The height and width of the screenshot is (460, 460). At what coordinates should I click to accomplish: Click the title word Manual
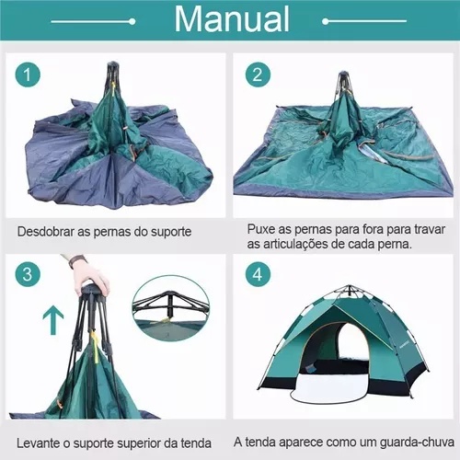point(232,19)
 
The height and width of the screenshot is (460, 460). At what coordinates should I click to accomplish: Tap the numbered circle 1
point(28,75)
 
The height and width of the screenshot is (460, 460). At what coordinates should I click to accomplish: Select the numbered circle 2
point(258,75)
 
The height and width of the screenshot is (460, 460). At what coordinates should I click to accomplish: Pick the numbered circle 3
point(28,274)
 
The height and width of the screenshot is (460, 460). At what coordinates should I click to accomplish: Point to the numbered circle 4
point(258,274)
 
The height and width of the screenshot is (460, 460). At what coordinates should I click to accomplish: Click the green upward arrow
point(53,321)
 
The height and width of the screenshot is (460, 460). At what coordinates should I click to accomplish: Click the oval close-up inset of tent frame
point(171,308)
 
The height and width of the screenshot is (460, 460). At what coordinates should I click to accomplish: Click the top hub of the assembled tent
point(348,287)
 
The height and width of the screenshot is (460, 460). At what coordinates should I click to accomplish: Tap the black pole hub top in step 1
point(112,64)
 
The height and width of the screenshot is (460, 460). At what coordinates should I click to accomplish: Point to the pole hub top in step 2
point(342,74)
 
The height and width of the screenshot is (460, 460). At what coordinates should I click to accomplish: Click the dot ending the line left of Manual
point(132,21)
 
